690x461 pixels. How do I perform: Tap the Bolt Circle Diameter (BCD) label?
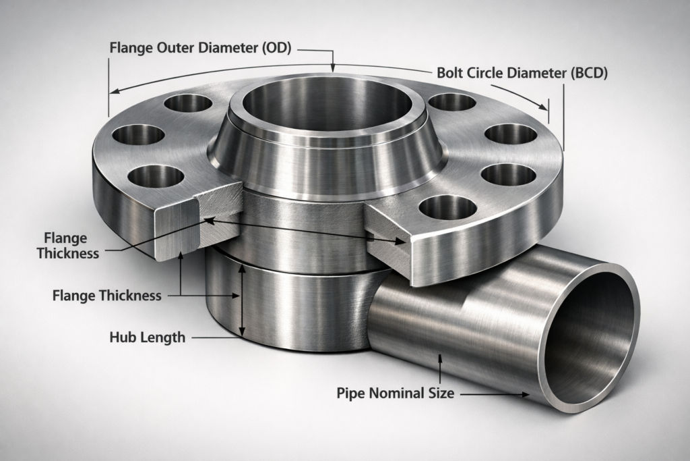tap(522, 73)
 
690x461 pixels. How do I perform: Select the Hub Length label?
tap(147, 337)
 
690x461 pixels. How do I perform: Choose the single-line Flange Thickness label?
tap(106, 295)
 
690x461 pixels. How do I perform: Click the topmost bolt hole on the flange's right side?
tap(451, 102)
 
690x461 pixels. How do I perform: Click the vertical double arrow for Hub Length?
tap(242, 300)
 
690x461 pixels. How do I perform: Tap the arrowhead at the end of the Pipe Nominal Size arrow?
tap(525, 394)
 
